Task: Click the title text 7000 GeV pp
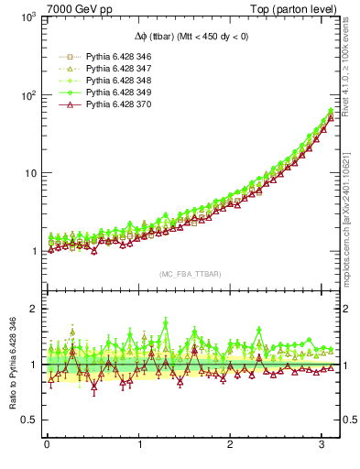pyautogui.click(x=72, y=9)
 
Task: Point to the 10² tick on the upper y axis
pyautogui.click(x=27, y=95)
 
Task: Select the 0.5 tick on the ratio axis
pyautogui.click(x=27, y=420)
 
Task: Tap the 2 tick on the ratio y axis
pyautogui.click(x=31, y=309)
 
